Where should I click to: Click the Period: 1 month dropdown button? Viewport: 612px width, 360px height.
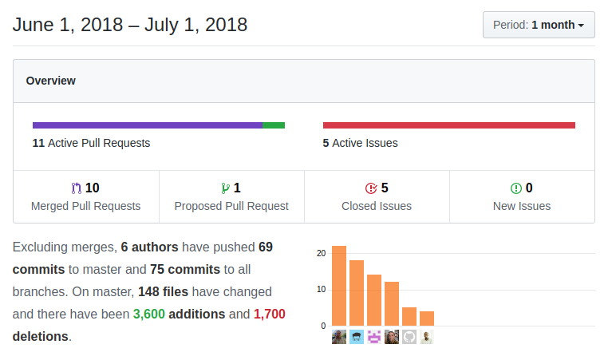click(x=538, y=25)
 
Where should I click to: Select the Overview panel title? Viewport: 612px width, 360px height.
click(x=51, y=81)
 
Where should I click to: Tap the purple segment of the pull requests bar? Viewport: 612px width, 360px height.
click(x=148, y=125)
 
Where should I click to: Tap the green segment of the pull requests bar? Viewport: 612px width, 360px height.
click(x=274, y=125)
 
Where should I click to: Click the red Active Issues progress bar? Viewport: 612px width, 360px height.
click(x=448, y=125)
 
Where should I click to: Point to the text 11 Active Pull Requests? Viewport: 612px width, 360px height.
click(x=91, y=143)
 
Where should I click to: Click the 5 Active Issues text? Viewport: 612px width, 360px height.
click(x=360, y=143)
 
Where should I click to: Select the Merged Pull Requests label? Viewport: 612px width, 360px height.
click(x=85, y=206)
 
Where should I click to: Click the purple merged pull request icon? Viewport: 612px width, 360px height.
click(x=77, y=188)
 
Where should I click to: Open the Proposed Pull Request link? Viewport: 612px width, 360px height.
click(x=231, y=206)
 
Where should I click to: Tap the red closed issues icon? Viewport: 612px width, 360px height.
click(x=370, y=188)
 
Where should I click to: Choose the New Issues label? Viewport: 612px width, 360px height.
click(x=522, y=206)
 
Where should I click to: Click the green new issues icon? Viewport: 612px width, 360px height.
click(x=515, y=188)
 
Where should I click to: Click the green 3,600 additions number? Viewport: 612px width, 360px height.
click(x=148, y=314)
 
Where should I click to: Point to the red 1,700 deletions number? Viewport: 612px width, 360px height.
click(x=269, y=314)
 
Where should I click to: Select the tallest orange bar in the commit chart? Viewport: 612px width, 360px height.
click(x=339, y=286)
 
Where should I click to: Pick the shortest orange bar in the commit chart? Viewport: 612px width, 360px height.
click(x=427, y=318)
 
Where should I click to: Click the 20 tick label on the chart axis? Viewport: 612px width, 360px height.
click(x=321, y=253)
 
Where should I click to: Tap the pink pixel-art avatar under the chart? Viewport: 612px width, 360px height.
click(x=374, y=337)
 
